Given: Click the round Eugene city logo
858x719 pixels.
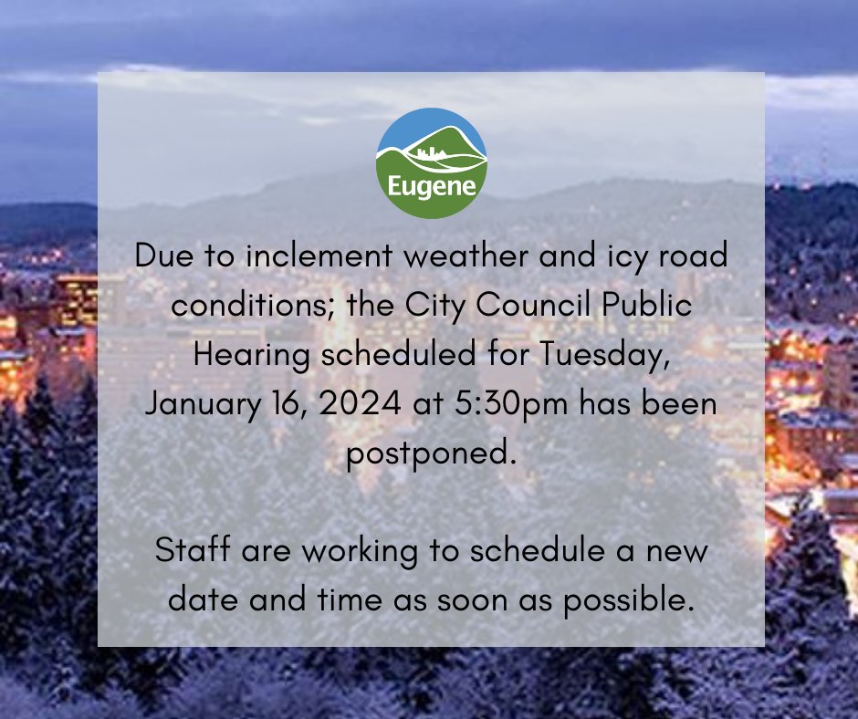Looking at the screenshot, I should (431, 163).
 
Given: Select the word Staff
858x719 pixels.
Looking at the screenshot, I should (188, 550).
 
